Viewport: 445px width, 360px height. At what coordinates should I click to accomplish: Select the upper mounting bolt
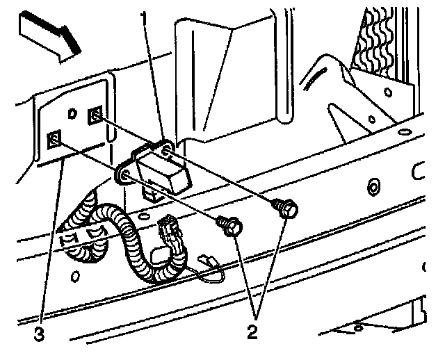(x=287, y=206)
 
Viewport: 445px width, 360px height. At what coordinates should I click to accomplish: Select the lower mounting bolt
(x=231, y=225)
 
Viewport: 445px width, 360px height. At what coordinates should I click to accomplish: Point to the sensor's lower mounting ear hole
(x=124, y=179)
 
